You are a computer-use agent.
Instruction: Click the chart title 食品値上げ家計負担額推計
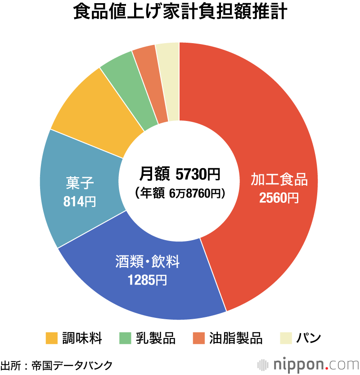(x=180, y=13)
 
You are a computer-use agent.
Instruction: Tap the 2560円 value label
(x=279, y=198)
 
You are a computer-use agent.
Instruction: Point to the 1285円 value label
(x=147, y=280)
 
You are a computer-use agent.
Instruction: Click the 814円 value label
(x=80, y=202)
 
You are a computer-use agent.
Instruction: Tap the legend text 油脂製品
(x=235, y=338)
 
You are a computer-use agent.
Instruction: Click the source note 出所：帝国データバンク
(x=56, y=365)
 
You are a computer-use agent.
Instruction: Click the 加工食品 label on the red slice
(x=279, y=180)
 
